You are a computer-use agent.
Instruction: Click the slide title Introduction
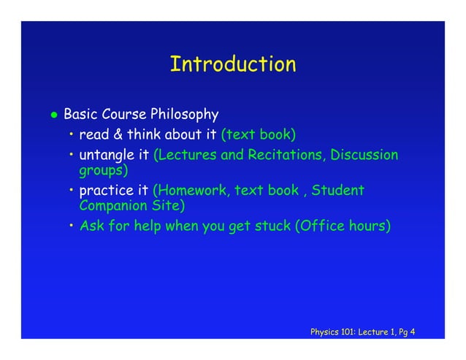(x=233, y=64)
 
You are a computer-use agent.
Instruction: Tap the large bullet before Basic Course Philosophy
(x=53, y=115)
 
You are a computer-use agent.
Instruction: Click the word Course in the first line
(x=123, y=115)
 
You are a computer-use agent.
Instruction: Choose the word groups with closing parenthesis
(x=103, y=172)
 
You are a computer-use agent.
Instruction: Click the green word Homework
(x=186, y=191)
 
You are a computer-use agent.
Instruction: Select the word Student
(x=337, y=191)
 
